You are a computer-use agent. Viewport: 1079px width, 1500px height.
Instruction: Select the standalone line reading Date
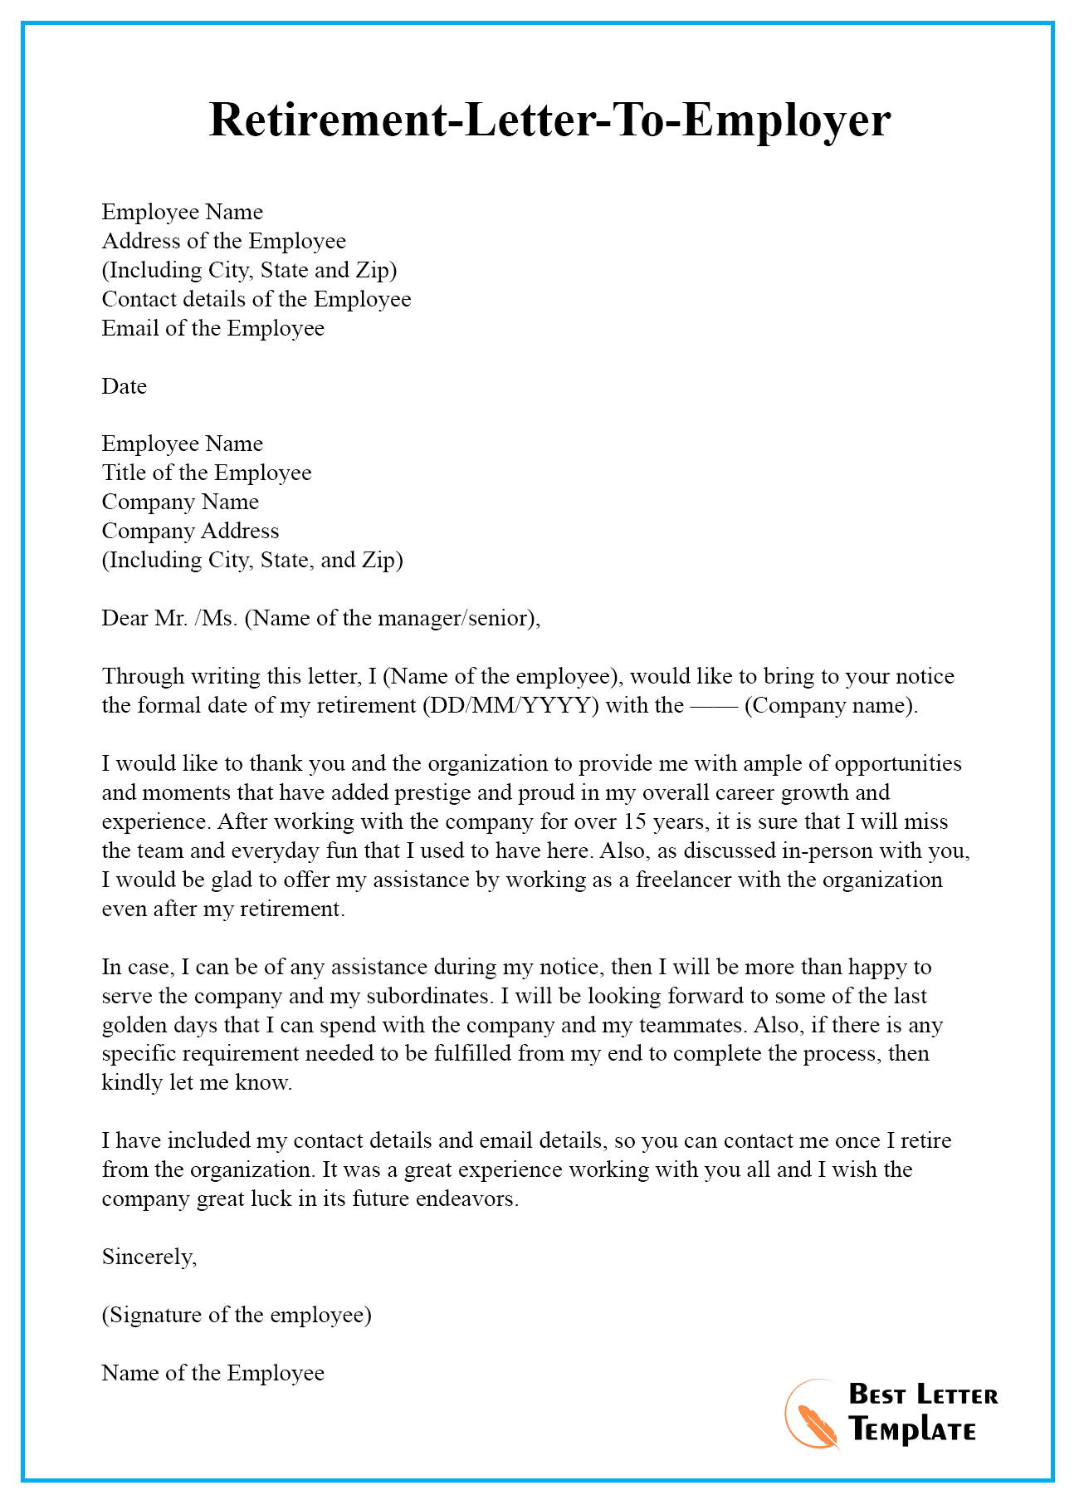click(124, 386)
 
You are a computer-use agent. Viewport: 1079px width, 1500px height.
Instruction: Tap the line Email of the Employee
click(212, 328)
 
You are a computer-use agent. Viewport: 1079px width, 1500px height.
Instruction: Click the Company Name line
click(180, 502)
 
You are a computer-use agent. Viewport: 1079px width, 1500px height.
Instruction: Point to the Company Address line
click(190, 531)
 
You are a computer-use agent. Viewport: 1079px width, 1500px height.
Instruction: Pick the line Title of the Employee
click(207, 473)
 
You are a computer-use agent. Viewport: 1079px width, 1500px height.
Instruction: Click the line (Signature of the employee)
click(237, 1315)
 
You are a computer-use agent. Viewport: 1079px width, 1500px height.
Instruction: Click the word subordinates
click(427, 996)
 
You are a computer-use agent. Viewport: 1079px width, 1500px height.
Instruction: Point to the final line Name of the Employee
click(212, 1373)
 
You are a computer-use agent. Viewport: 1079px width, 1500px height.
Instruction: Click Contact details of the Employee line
click(256, 299)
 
